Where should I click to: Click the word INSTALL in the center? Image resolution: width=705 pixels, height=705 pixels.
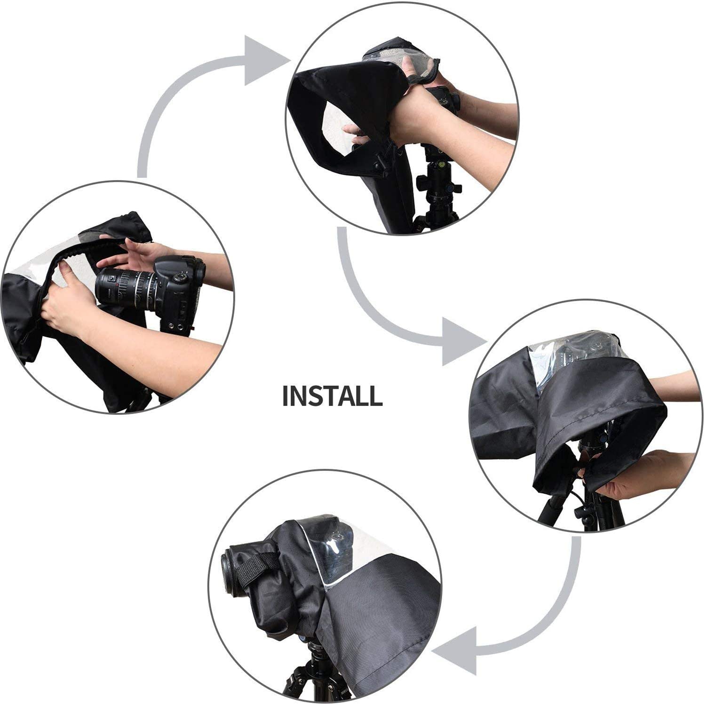pyautogui.click(x=332, y=396)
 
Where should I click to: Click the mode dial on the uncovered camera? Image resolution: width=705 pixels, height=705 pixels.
pyautogui.click(x=179, y=277)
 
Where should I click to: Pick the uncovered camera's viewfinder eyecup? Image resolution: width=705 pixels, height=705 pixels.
pyautogui.click(x=200, y=266)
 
